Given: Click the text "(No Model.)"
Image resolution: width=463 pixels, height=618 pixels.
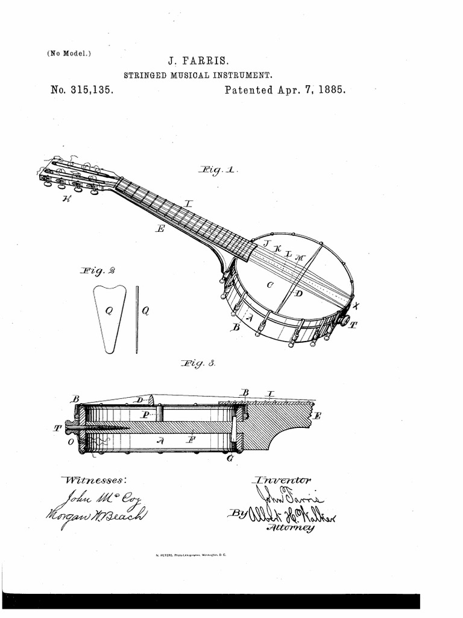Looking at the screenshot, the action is (69, 53).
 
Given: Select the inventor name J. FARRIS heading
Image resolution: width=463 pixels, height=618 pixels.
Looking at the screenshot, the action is (198, 62).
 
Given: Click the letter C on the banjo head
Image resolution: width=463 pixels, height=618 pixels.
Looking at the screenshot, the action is (269, 284).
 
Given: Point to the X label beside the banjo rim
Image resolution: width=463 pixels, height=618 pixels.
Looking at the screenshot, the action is (355, 305).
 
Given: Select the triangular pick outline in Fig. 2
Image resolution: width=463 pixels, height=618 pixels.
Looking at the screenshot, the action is (110, 317).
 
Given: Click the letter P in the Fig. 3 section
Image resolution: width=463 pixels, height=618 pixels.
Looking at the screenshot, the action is (145, 415).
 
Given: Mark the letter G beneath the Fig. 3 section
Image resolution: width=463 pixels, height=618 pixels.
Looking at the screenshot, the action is (230, 459).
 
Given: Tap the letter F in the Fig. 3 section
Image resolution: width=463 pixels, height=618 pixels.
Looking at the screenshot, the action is (191, 441).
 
